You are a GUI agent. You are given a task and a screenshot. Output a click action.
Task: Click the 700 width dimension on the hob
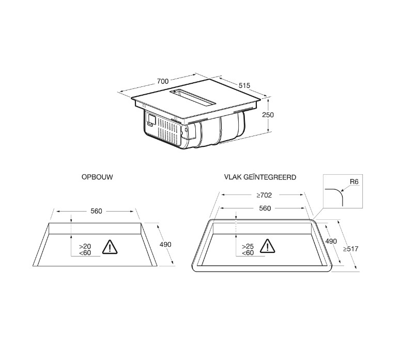tap(163, 81)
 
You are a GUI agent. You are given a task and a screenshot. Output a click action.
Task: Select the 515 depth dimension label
tap(244, 85)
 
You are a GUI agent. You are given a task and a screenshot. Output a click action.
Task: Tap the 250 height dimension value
tap(268, 115)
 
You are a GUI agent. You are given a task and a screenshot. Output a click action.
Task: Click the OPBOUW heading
tap(97, 177)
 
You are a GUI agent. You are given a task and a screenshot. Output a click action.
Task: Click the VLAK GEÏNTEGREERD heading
tap(260, 177)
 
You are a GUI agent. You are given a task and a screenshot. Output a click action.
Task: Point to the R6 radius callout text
tap(354, 182)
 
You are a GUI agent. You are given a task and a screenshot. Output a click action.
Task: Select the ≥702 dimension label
tap(264, 196)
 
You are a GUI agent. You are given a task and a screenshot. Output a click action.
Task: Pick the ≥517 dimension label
tap(351, 249)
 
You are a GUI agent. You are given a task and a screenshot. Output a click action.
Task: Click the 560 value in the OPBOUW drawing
tap(97, 211)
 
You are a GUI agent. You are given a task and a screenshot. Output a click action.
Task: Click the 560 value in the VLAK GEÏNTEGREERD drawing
tap(265, 208)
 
